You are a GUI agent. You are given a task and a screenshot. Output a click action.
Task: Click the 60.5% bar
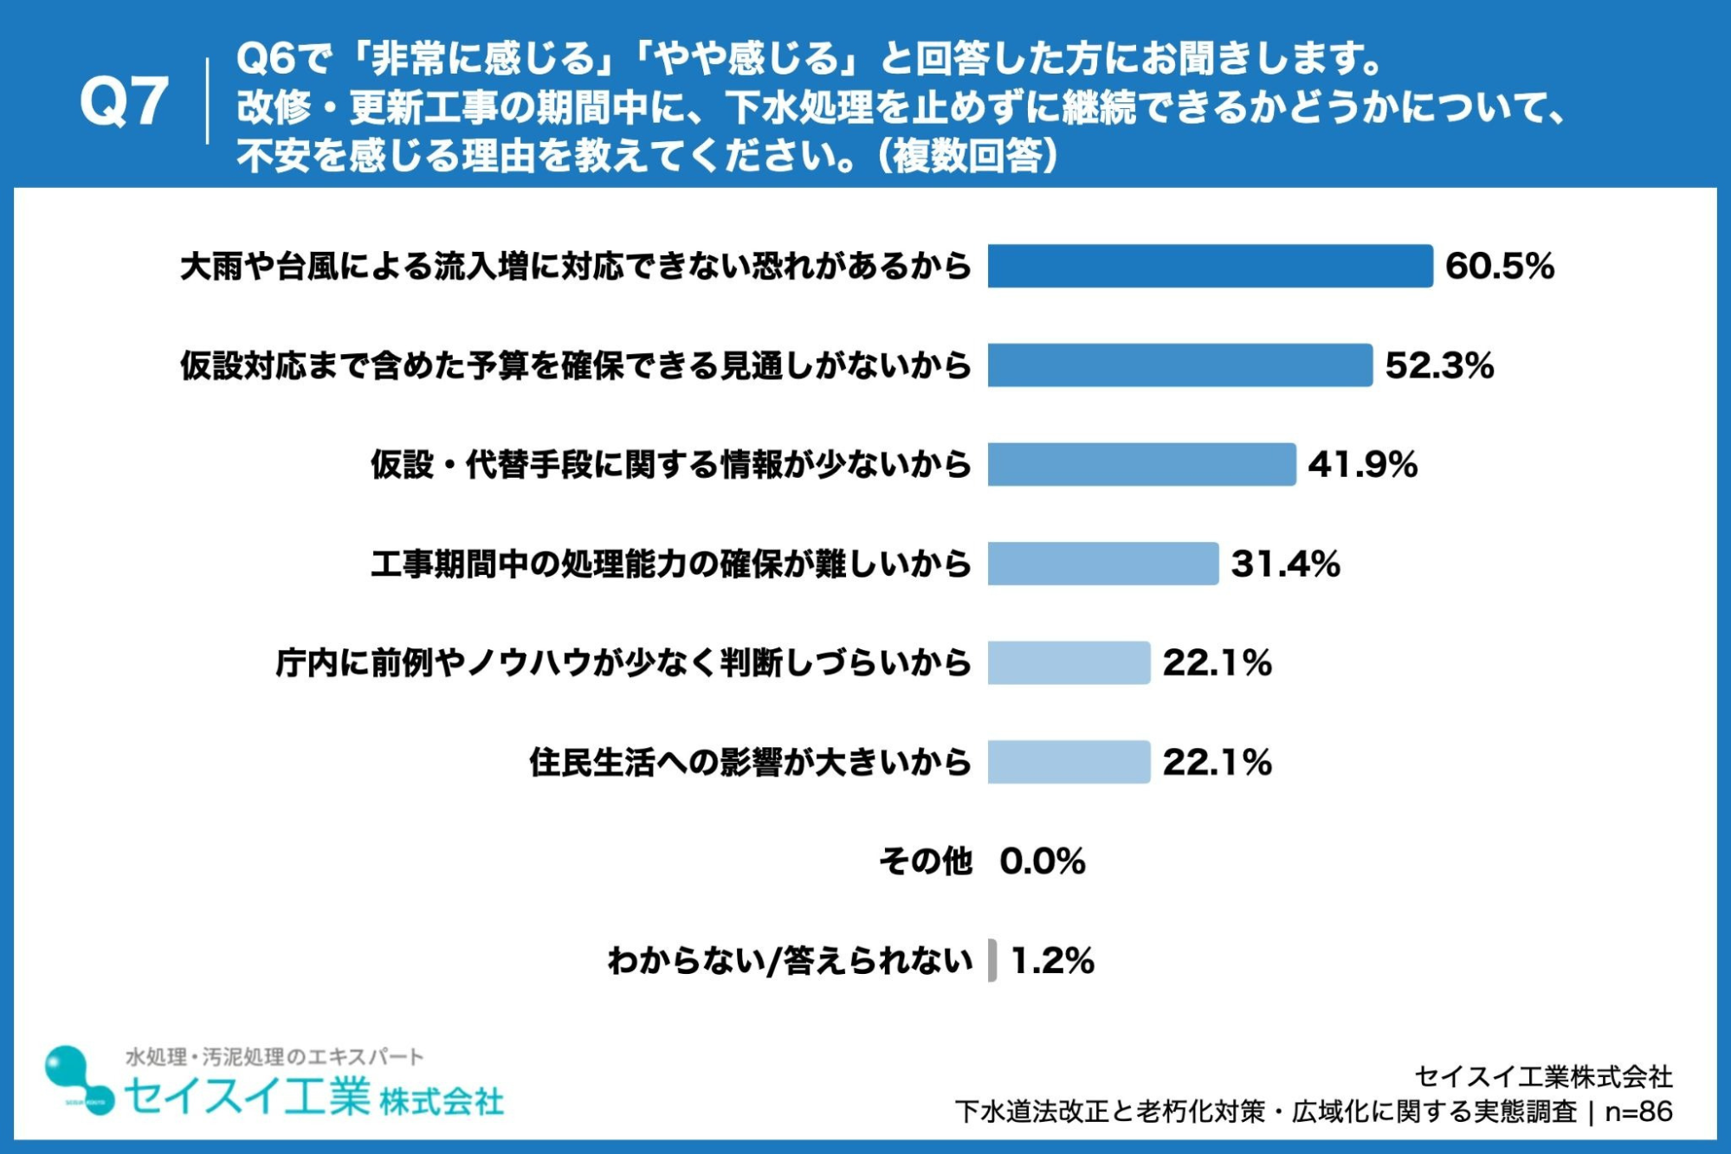point(1210,266)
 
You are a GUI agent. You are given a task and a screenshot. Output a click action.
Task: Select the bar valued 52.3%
point(1179,365)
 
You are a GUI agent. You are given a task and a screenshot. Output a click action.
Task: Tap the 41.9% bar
point(1141,465)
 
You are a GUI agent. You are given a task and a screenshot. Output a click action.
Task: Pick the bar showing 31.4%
point(1103,564)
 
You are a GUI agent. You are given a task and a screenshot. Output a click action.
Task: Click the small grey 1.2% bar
point(992,961)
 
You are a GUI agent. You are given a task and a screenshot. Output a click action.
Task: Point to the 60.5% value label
point(1500,266)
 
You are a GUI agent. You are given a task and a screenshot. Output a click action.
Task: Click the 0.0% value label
point(1043,861)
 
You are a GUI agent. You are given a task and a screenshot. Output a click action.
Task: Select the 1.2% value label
point(1052,961)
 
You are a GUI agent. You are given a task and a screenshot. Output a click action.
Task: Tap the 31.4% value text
point(1286,564)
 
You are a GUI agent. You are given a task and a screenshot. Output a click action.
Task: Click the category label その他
point(926,861)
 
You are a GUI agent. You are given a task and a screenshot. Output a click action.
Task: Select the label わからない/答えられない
point(791,961)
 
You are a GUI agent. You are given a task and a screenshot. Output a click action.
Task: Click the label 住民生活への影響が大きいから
point(751,763)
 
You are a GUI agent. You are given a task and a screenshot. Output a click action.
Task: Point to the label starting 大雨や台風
point(576,267)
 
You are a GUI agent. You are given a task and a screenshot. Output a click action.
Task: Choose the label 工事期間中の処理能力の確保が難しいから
point(671,564)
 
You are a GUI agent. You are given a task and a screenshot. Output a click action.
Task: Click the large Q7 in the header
point(123,102)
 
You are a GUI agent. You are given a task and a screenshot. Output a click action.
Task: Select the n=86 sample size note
point(1638,1112)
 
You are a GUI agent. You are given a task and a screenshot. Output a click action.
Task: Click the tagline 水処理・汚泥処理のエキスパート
point(275,1057)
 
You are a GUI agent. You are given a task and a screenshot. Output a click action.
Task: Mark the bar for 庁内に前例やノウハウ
point(1069,663)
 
